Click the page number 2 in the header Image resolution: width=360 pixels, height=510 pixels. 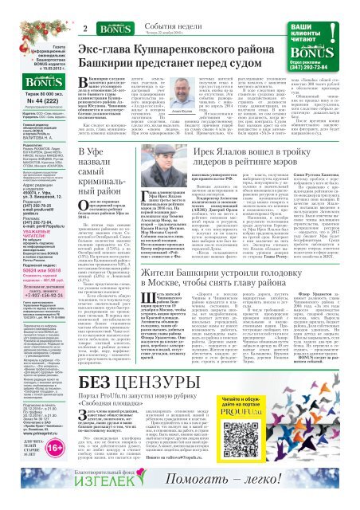(x=82, y=8)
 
